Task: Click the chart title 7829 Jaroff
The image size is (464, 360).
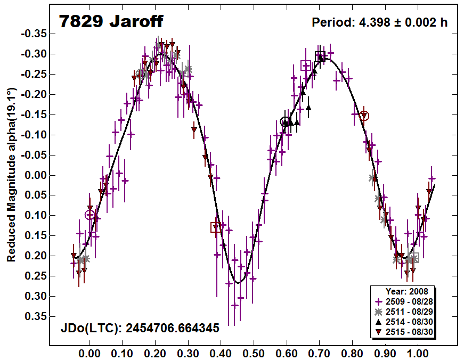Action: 111,21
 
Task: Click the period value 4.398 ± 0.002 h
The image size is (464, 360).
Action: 379,22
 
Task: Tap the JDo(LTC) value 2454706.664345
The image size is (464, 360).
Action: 140,328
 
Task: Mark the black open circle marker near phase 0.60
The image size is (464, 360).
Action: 286,122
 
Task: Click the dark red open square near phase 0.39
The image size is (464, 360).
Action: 216,227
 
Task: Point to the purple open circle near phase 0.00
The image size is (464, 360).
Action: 89,215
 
